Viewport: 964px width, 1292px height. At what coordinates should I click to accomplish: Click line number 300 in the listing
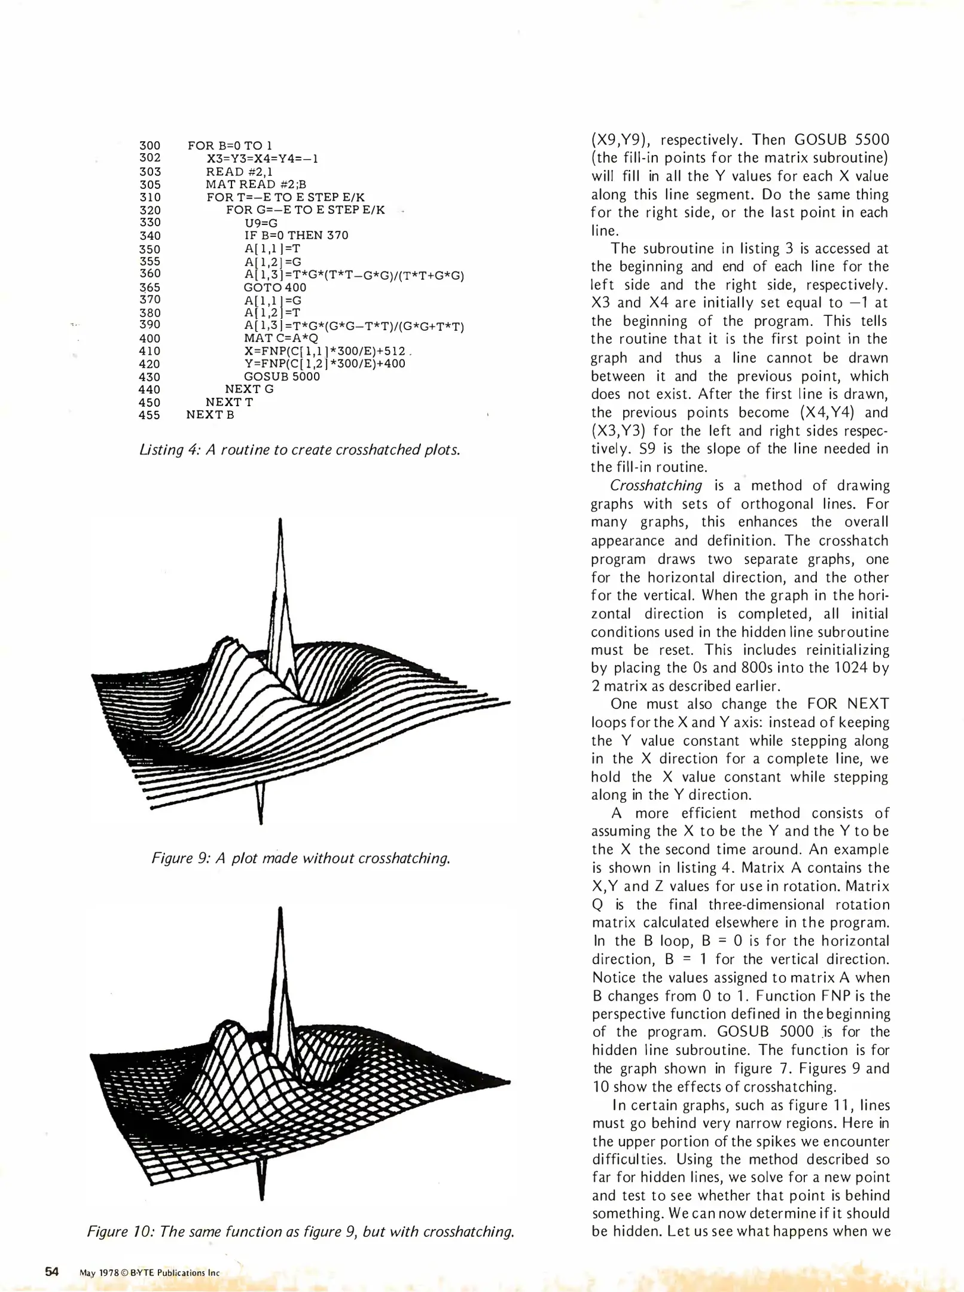[x=150, y=146]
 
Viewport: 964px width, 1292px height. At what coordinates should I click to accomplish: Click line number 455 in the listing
[x=150, y=415]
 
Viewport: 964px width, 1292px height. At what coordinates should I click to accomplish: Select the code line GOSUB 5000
[x=282, y=377]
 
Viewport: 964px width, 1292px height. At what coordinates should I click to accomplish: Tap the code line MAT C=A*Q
[x=281, y=338]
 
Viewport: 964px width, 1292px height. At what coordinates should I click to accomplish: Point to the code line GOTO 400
[x=275, y=287]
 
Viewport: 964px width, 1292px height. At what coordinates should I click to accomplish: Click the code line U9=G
[x=261, y=223]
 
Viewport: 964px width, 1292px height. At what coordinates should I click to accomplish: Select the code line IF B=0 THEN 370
[x=296, y=236]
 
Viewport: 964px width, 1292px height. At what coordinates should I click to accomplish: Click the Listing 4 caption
[x=300, y=450]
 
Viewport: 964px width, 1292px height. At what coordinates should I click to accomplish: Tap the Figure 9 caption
[x=300, y=858]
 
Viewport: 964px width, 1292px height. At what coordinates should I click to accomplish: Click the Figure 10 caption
[x=300, y=1232]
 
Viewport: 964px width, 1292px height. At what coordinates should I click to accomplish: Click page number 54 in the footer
[x=52, y=1272]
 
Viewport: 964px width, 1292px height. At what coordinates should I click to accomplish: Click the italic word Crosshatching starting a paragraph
[x=655, y=486]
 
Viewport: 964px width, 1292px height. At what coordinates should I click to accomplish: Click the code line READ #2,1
[x=239, y=172]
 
